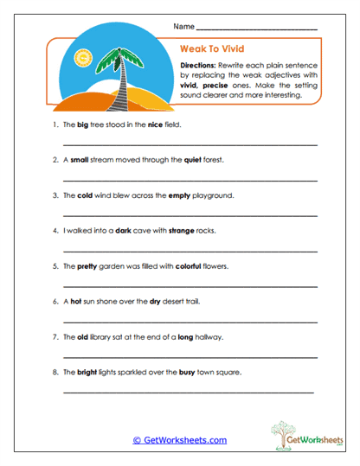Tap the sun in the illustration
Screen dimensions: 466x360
[x=83, y=59]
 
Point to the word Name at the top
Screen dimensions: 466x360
[x=183, y=27]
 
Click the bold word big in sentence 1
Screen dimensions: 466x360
[x=84, y=124]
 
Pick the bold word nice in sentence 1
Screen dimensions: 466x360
[x=155, y=124]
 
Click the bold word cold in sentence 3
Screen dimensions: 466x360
[x=86, y=195]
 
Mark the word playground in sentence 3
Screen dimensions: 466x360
[x=214, y=195]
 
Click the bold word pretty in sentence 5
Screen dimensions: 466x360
[x=87, y=266]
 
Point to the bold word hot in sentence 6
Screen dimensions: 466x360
[x=76, y=302]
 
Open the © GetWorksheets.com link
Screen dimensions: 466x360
[x=179, y=440]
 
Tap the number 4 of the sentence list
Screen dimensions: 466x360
[x=55, y=231]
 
